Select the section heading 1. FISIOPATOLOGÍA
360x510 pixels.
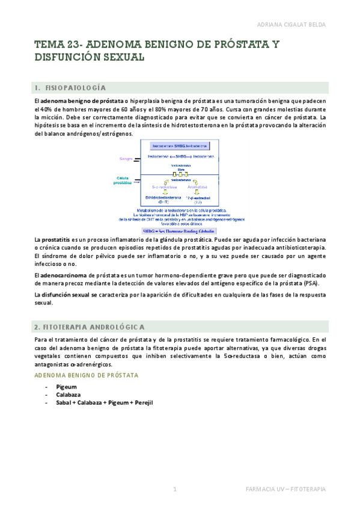pos(75,87)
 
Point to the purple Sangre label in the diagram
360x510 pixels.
pos(126,159)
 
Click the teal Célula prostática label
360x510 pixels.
pos(123,180)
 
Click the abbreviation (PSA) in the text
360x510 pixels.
pos(310,283)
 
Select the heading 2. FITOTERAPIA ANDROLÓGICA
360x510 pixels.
pos(90,327)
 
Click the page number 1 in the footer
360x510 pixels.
pos(175,490)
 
